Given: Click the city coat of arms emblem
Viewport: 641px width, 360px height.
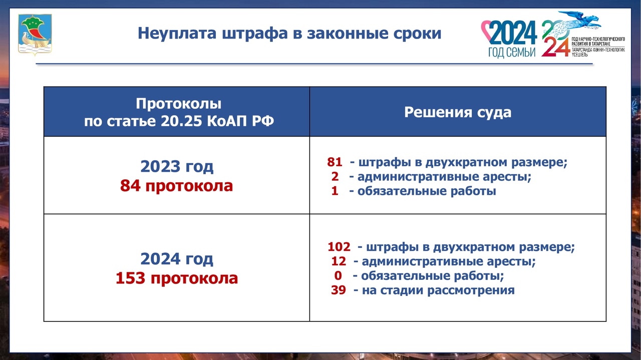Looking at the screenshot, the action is point(35,34).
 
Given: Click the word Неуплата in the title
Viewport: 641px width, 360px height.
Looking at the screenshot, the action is point(177,33).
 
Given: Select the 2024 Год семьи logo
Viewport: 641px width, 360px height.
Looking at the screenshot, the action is point(509,39).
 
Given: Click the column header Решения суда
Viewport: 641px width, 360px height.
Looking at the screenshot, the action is point(458,112).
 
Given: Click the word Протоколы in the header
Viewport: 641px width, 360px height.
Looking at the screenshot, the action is point(179,104).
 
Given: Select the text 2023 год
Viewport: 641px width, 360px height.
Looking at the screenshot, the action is point(177,167).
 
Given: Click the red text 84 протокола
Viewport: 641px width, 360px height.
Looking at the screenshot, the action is point(177,186).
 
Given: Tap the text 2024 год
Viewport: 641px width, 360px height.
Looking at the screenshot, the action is point(177,259).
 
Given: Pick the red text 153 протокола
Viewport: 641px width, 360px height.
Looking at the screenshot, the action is point(177,278).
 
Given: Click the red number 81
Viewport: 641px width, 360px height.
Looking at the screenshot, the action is point(335,162).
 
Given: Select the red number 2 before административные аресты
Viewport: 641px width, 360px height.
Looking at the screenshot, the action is point(335,177).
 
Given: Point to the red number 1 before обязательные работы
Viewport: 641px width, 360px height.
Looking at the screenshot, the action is point(335,191).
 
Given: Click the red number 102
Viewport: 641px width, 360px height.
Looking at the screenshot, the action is point(339,247).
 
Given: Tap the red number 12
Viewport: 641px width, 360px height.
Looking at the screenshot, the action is point(339,261).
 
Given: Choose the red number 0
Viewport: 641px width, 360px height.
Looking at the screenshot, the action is point(338,275).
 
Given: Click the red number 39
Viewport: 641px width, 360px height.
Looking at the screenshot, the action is point(339,290).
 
